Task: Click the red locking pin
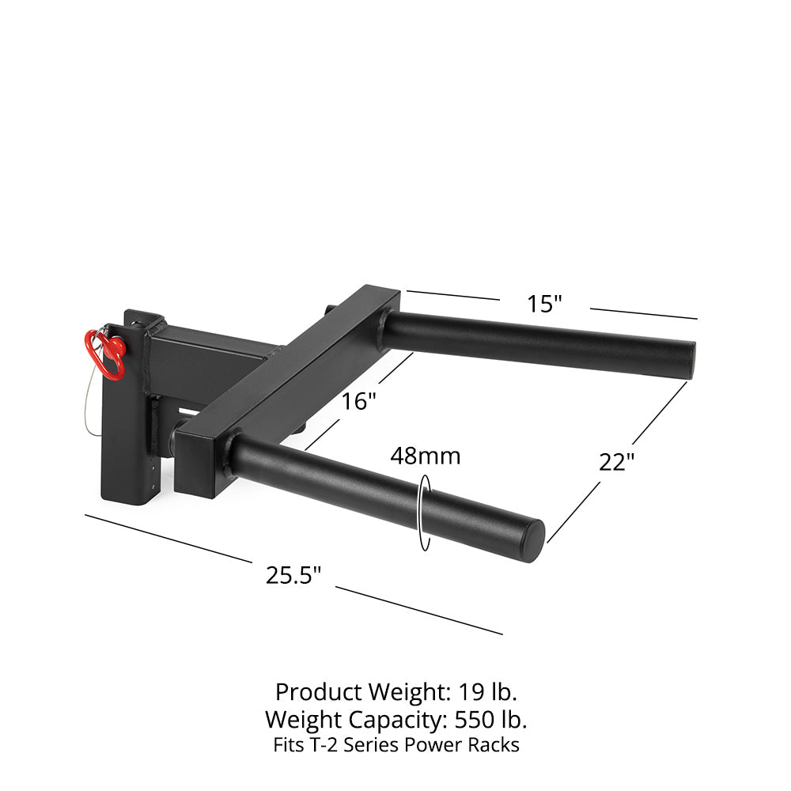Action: pyautogui.click(x=108, y=354)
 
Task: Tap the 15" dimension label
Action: pyautogui.click(x=545, y=304)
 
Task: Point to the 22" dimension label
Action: pyautogui.click(x=616, y=462)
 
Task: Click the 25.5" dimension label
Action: pyautogui.click(x=293, y=575)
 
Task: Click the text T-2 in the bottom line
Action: pyautogui.click(x=323, y=745)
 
